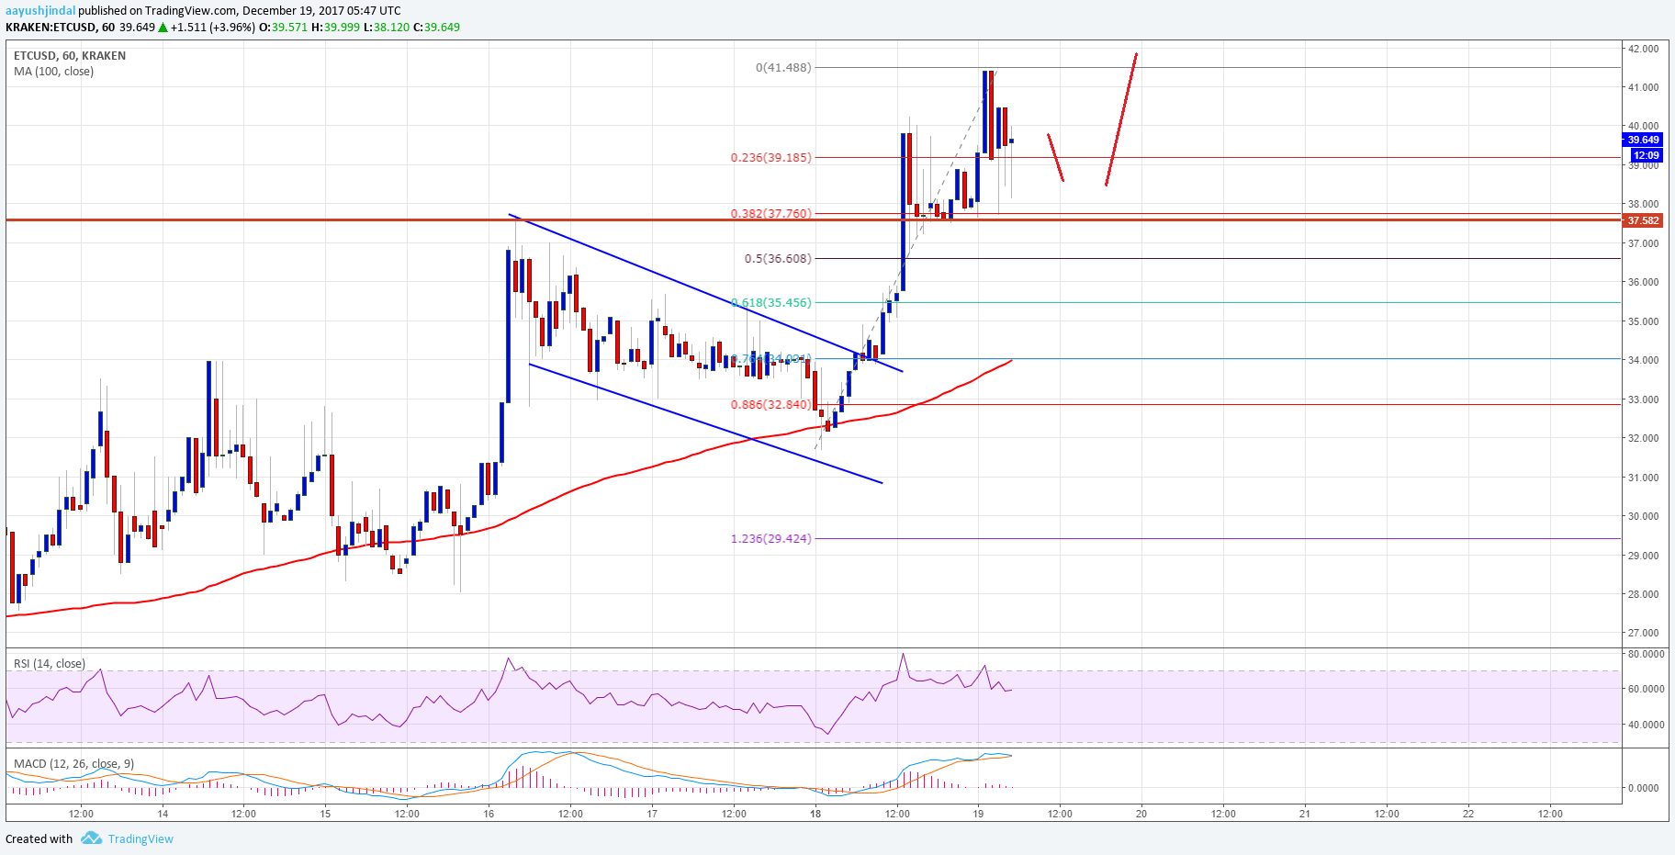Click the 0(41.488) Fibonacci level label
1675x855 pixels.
(x=783, y=67)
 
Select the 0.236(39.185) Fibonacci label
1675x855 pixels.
(x=770, y=157)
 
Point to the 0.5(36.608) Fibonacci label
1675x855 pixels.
(x=778, y=258)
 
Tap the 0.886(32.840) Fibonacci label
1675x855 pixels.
(x=770, y=404)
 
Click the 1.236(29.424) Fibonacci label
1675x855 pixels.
(x=770, y=538)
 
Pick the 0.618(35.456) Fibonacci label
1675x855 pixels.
(x=771, y=302)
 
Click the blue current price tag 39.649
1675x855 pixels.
(x=1643, y=140)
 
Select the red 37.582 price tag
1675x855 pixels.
(x=1643, y=220)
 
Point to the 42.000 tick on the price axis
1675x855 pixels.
(x=1643, y=49)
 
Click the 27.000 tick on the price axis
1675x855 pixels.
(x=1643, y=633)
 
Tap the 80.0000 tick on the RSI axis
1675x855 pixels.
(x=1646, y=654)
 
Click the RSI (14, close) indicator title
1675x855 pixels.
(x=50, y=664)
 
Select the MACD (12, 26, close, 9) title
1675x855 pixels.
(x=73, y=763)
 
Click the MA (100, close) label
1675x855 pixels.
(x=53, y=72)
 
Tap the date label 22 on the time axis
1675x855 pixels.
(x=1468, y=814)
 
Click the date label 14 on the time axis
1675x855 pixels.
(x=163, y=814)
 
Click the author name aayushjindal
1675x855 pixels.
(x=40, y=11)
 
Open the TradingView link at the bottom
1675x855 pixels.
(x=140, y=838)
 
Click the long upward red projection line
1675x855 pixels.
(x=1121, y=119)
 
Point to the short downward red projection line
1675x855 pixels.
(x=1056, y=158)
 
